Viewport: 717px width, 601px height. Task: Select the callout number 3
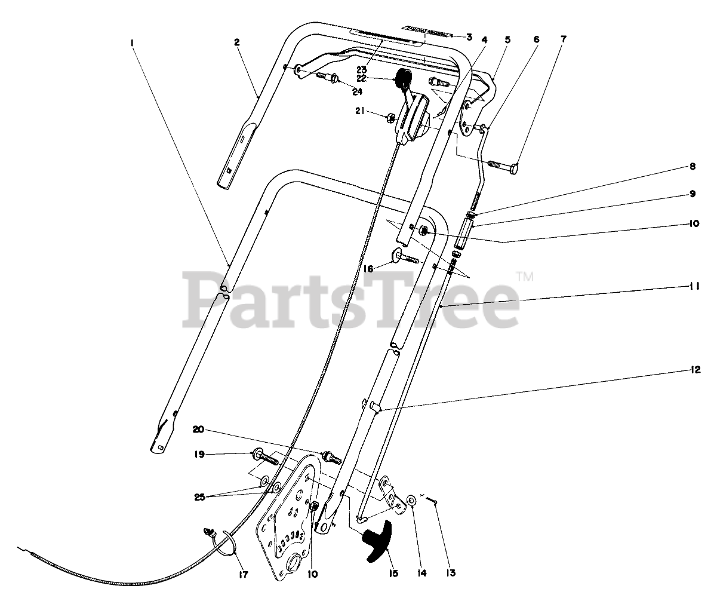point(469,37)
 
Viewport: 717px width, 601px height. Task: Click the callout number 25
point(200,497)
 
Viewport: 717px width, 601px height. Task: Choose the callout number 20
point(199,430)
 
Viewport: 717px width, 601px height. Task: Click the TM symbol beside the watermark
point(524,277)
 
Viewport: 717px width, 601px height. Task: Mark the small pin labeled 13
point(435,504)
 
